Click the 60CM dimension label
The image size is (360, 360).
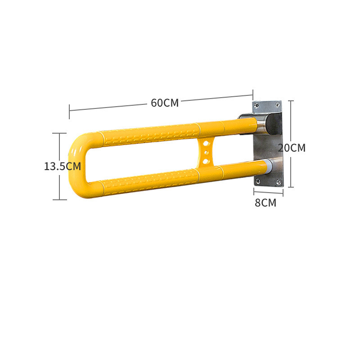tap(165, 103)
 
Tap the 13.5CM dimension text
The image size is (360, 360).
tap(63, 166)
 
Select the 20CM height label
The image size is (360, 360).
tap(292, 148)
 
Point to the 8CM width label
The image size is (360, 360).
tap(265, 203)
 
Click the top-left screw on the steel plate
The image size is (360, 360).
tap(256, 105)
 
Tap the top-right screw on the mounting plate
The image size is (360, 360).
tap(278, 104)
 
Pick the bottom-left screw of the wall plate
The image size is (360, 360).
tap(257, 182)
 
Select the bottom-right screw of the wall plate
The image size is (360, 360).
tap(279, 183)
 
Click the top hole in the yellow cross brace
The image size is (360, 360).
tap(206, 144)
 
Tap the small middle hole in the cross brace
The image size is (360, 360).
tap(206, 153)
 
